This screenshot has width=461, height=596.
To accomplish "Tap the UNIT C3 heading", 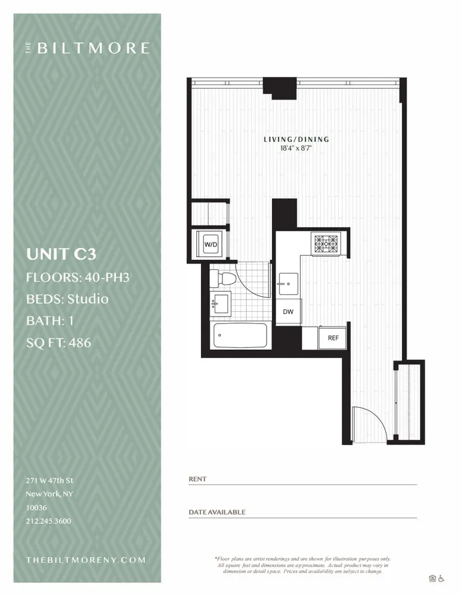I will click(61, 254).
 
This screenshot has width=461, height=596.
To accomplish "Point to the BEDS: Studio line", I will click(67, 299).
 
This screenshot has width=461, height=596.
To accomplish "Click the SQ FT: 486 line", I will click(58, 343).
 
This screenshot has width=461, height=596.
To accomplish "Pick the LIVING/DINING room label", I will click(296, 139).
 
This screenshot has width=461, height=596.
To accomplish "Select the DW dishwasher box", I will click(288, 312).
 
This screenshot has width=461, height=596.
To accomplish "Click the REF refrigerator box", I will click(333, 338).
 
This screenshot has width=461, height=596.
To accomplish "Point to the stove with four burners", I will click(326, 243).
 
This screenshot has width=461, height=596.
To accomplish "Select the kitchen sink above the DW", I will click(287, 281).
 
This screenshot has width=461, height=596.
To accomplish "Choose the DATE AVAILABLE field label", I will click(216, 512).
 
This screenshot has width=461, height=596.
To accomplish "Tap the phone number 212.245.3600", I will click(48, 521).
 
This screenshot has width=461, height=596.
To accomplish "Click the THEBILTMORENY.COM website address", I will click(86, 560).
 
